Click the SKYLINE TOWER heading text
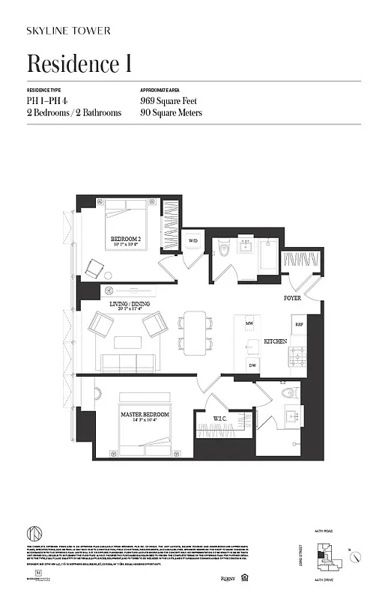click(68, 31)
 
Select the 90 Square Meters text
click(171, 113)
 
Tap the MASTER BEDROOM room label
click(145, 414)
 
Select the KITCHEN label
click(276, 341)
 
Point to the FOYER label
click(293, 297)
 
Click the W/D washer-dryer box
click(193, 241)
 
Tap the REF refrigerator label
click(299, 325)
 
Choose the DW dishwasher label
click(252, 365)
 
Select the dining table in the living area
click(193, 332)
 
